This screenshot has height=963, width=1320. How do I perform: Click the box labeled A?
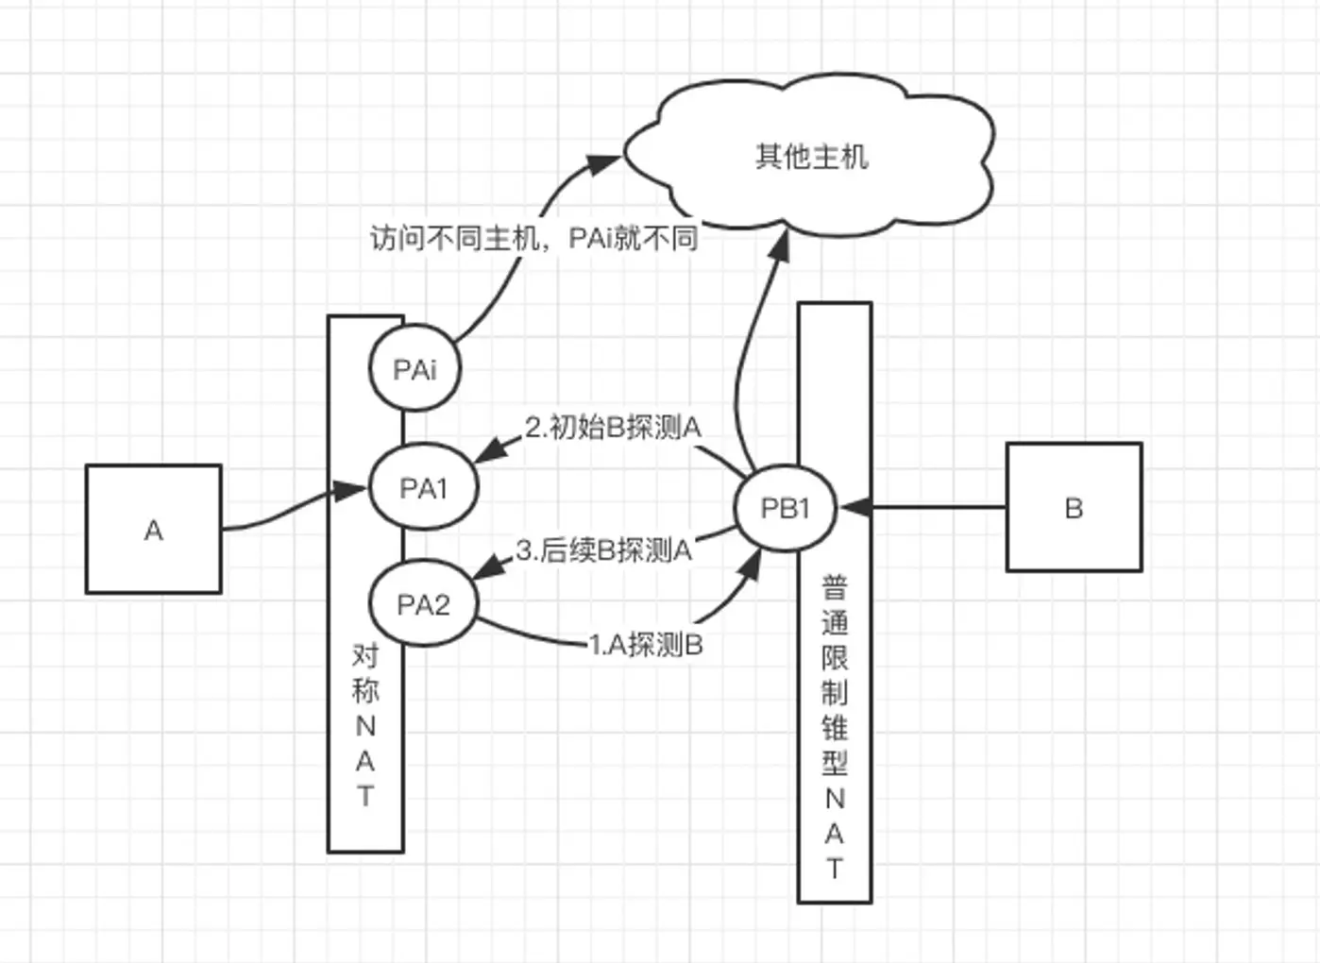tap(153, 529)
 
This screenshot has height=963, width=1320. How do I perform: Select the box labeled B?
tap(1074, 507)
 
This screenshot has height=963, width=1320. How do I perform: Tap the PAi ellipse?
tap(415, 369)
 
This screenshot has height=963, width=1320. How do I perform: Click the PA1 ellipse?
tap(423, 488)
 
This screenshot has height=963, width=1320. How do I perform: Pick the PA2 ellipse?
tap(423, 604)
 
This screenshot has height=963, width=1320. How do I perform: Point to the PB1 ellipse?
tap(785, 509)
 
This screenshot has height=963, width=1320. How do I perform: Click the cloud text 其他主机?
tap(811, 156)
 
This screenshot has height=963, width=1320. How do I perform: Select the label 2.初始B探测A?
tap(613, 428)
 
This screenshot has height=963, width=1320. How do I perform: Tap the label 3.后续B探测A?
tap(603, 549)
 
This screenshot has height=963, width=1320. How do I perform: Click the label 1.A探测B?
tap(646, 645)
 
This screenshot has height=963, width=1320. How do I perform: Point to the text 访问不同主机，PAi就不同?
tap(533, 238)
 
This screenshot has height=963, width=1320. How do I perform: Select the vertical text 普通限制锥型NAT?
tap(835, 727)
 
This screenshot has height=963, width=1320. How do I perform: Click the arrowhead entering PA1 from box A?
tap(354, 490)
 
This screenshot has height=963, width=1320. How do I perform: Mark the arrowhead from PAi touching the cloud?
tap(604, 164)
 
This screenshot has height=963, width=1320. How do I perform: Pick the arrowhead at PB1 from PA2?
tap(753, 565)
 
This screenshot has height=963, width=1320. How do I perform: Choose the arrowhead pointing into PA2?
tap(485, 568)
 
